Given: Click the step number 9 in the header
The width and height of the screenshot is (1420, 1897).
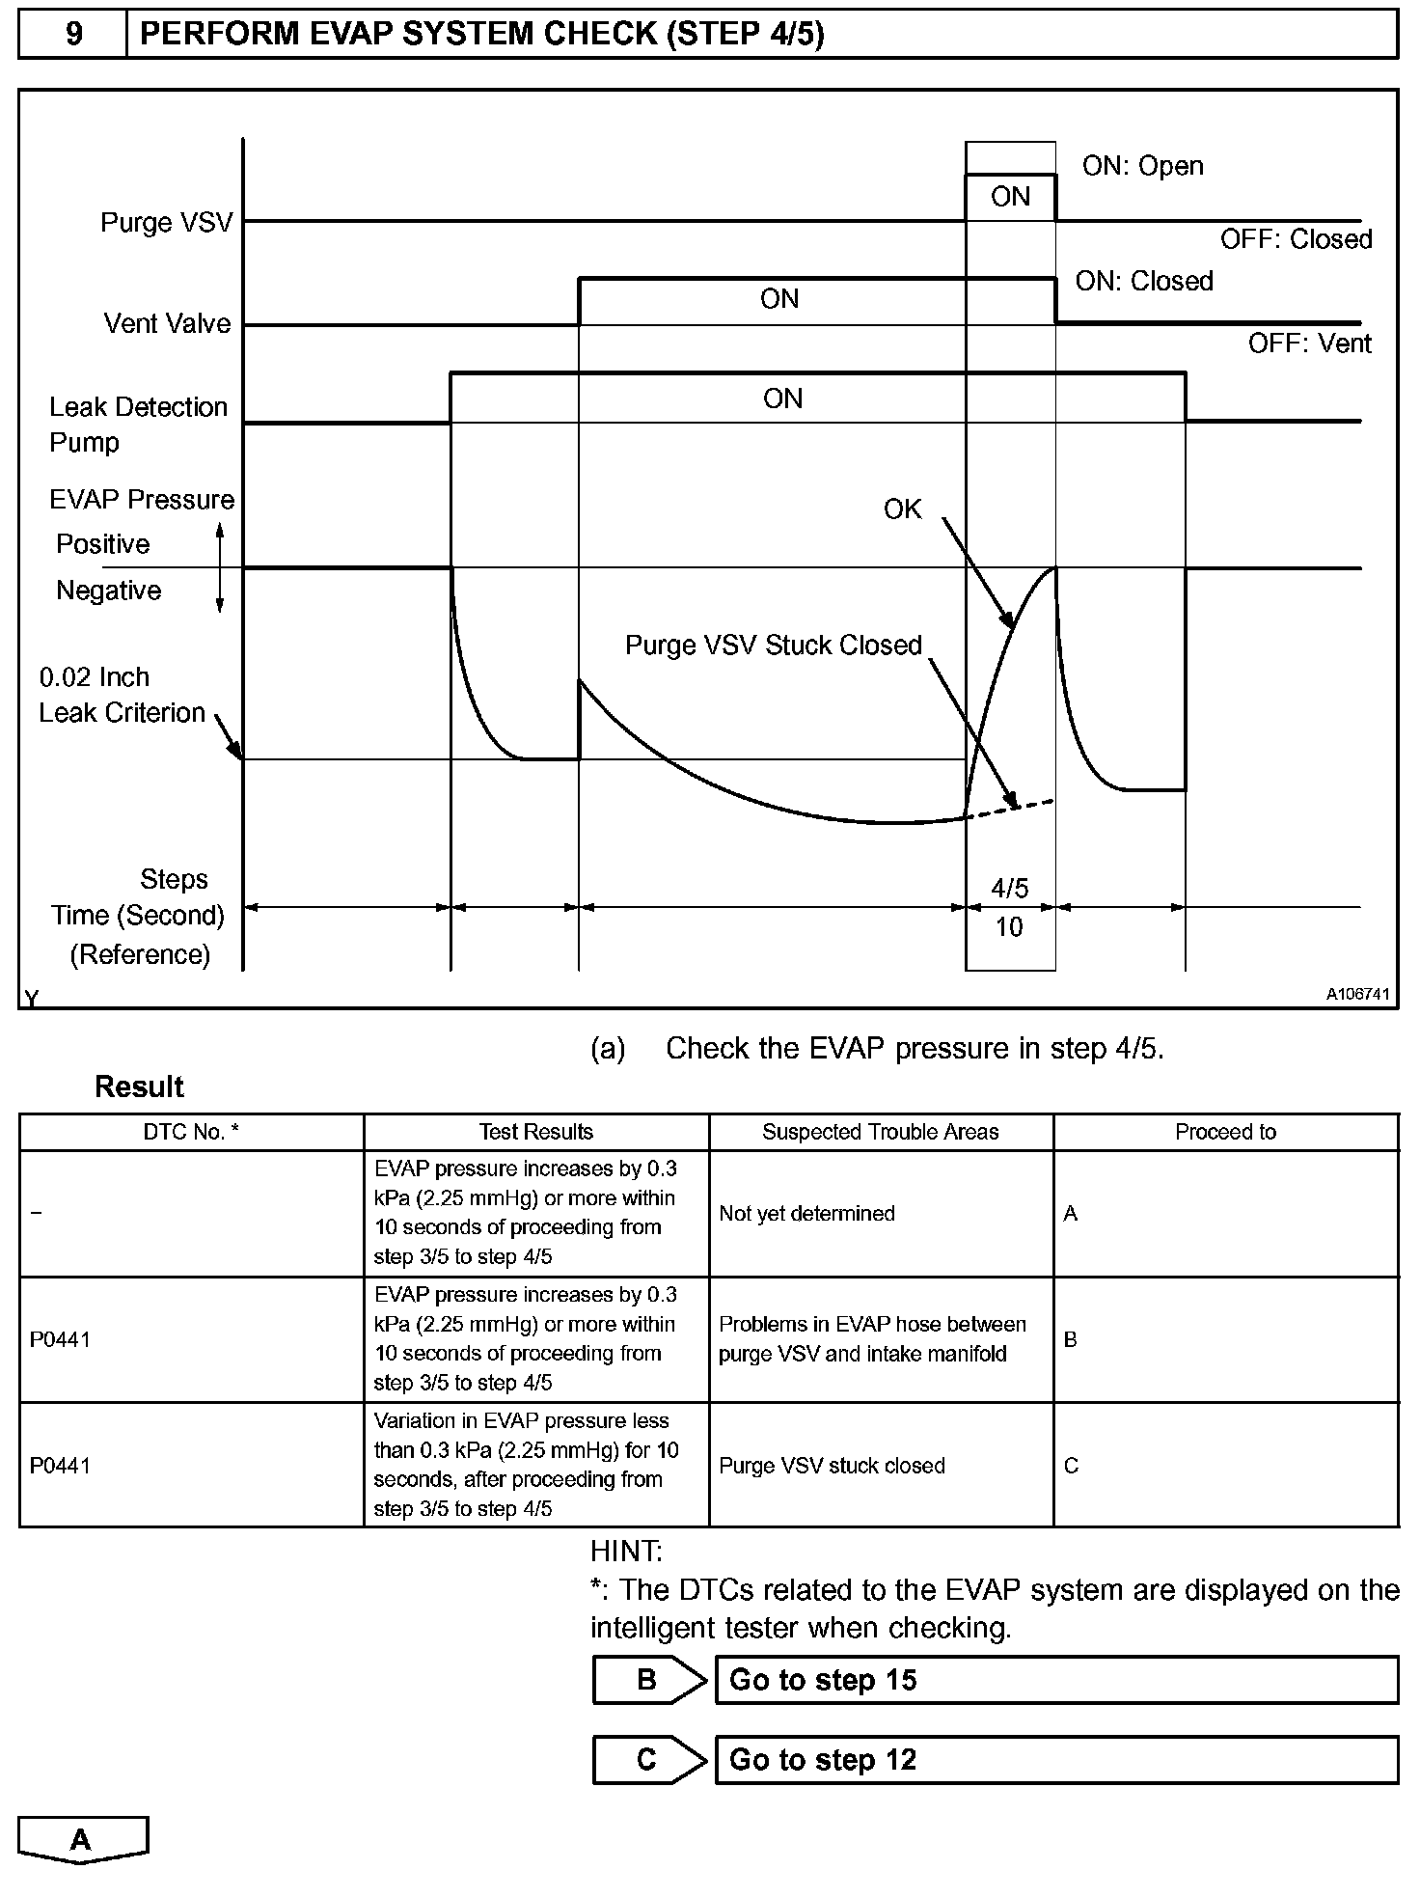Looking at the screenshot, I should (73, 35).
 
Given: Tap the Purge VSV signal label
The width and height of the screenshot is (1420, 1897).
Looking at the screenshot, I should (167, 223).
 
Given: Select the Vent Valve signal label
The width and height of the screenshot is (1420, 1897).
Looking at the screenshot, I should (167, 323).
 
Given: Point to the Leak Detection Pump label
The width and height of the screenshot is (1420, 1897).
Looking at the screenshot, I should (138, 425).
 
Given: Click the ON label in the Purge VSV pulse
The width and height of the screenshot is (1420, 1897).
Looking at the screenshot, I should (1010, 197).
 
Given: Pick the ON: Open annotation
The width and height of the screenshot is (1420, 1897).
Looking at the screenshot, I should (1142, 166).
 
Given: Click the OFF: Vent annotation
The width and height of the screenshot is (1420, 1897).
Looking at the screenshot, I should (1309, 344).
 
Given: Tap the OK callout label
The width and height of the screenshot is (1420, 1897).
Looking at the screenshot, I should (902, 509).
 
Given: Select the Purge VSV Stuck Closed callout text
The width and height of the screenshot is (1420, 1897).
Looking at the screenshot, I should (774, 646).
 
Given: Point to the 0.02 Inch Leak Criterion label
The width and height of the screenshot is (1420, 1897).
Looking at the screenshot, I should (123, 695).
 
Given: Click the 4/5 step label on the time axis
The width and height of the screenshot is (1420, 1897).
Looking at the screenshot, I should (1010, 888).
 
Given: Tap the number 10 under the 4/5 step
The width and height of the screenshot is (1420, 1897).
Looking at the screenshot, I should (1009, 927).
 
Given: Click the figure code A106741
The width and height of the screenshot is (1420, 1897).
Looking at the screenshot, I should (1357, 994).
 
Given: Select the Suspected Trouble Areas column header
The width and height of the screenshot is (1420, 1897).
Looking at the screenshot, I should (880, 1132).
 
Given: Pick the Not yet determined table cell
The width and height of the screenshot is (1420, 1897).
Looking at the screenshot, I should (806, 1214).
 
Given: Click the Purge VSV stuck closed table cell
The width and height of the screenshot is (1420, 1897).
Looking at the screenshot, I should (832, 1466).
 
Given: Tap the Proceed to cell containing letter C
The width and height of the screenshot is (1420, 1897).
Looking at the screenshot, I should (1071, 1466).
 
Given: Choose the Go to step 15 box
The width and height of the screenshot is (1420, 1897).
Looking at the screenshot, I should (1056, 1680).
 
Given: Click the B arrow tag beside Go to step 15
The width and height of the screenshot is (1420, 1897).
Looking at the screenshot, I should (648, 1680).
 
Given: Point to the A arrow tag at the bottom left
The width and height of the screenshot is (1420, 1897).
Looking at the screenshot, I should (82, 1839).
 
